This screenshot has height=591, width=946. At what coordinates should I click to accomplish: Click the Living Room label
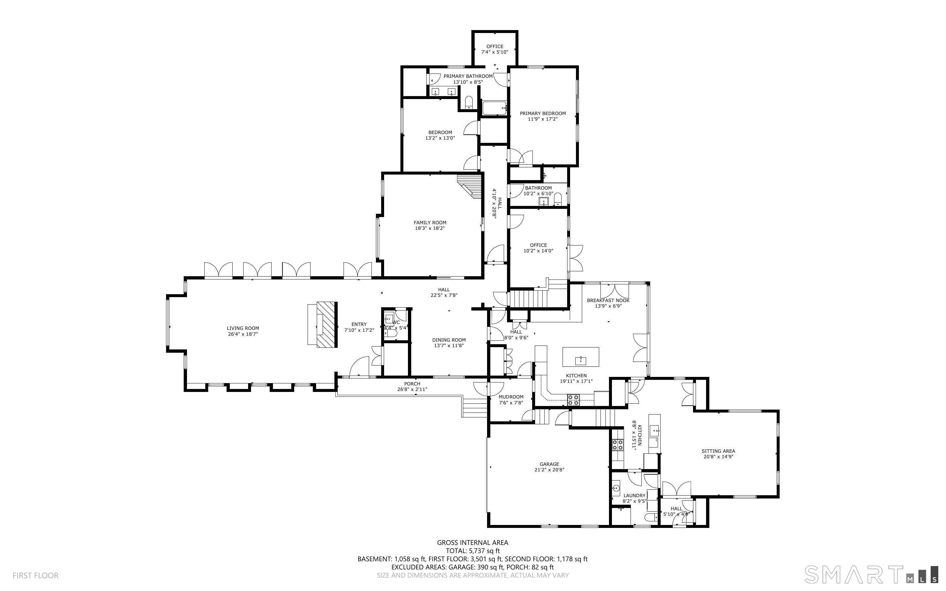(243, 328)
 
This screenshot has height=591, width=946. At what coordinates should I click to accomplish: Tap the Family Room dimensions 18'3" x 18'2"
(430, 228)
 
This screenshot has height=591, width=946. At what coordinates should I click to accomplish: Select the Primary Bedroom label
(543, 113)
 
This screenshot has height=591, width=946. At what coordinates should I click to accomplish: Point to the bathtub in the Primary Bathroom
(494, 108)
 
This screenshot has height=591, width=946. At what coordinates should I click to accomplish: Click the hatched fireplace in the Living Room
(327, 324)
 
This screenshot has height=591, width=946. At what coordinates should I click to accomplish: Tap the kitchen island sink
(580, 360)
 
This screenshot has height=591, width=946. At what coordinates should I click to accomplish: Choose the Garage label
(549, 464)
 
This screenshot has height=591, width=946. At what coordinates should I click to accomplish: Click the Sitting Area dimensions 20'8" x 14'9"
(718, 457)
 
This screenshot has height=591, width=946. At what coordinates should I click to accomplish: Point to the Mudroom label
(511, 397)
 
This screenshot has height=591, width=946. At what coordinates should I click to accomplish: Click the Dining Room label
(449, 340)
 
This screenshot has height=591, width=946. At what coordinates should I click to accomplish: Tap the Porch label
(412, 384)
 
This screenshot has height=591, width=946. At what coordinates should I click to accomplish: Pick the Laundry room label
(634, 496)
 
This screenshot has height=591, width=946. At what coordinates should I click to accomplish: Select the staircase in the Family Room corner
(470, 186)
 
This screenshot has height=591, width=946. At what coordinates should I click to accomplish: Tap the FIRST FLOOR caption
(36, 575)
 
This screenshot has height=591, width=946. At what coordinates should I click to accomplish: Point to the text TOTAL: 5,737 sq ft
(472, 551)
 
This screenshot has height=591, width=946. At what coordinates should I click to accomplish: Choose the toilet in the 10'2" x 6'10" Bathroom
(558, 199)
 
